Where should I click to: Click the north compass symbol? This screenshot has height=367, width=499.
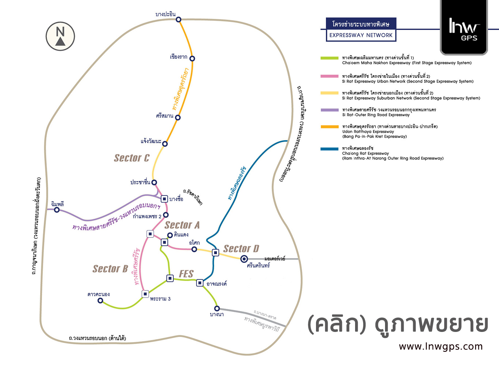tap(60, 36)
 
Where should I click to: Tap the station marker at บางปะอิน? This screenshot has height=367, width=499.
tap(178, 19)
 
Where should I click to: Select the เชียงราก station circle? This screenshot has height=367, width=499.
tap(192, 58)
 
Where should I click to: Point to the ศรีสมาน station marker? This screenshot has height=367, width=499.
tap(178, 117)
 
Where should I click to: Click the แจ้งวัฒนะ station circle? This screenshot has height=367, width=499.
tap(165, 144)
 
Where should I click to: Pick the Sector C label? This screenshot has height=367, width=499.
tap(132, 158)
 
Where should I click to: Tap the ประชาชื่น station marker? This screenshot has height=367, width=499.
tap(154, 182)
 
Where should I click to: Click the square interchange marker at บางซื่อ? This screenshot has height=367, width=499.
tap(164, 199)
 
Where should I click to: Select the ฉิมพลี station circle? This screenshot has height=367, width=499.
tap(57, 210)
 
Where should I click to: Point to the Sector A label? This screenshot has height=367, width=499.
tap(182, 225)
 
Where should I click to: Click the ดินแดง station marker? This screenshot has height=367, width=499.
tap(170, 235)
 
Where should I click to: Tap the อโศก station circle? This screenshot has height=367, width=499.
tap(194, 249)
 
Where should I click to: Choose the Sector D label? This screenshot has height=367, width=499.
tap(241, 249)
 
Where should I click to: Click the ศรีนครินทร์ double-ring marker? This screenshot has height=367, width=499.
tap(244, 259)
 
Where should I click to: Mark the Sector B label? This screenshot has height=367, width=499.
tap(110, 269)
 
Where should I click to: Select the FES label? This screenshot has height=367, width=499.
tap(186, 274)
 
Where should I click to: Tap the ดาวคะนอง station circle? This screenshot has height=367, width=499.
tap(100, 301)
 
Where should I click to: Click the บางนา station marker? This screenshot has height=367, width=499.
tap(217, 309)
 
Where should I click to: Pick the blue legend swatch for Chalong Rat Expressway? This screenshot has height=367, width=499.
tap(330, 149)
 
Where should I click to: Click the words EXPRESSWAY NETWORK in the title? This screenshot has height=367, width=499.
tap(361, 35)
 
